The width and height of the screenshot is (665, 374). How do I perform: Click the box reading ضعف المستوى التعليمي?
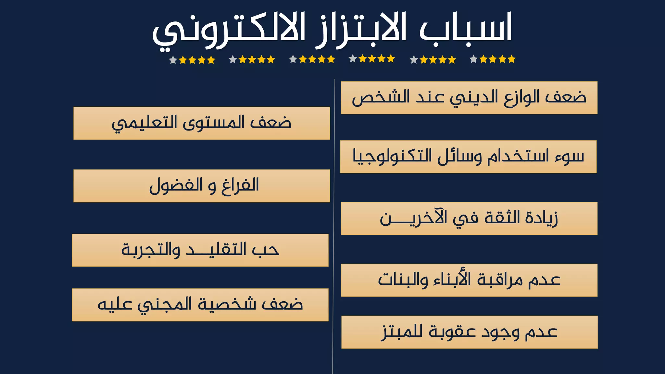[202, 123]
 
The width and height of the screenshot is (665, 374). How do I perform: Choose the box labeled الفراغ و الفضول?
[202, 186]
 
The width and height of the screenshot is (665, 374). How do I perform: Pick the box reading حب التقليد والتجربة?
[200, 250]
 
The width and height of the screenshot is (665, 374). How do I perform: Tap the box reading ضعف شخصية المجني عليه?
[200, 305]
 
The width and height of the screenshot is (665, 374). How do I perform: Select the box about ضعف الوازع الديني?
[469, 98]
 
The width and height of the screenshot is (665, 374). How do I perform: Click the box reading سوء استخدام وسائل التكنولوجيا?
[468, 157]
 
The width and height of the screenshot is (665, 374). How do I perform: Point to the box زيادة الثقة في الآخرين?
[469, 218]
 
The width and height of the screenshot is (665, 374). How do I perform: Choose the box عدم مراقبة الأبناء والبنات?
[469, 280]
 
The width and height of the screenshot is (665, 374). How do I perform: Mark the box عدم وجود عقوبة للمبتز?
[470, 332]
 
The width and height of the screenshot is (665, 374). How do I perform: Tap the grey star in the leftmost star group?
[173, 60]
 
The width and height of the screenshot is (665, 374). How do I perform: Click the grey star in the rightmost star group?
[474, 59]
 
